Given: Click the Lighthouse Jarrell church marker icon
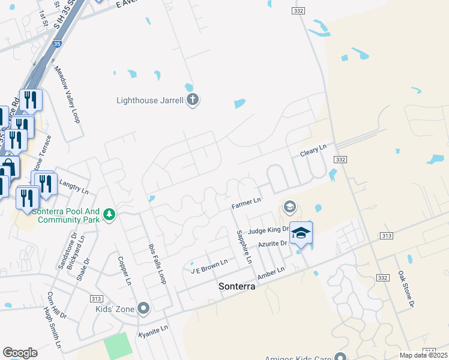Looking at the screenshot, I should [x=192, y=100].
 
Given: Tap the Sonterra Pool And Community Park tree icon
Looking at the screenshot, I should [x=109, y=214].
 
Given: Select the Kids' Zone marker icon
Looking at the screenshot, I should [x=143, y=309].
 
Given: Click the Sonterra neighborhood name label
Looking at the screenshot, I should [x=236, y=287].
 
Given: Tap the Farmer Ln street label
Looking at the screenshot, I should [x=246, y=204].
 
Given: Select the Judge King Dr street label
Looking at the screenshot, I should [x=265, y=230].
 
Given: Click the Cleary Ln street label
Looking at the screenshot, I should [x=313, y=150].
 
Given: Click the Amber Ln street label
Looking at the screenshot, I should [x=270, y=274].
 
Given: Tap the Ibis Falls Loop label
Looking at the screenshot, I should [x=155, y=265].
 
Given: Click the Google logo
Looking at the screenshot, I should [x=20, y=352].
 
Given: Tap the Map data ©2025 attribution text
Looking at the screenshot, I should [x=423, y=355].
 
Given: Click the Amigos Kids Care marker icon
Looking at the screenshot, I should [x=341, y=358].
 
